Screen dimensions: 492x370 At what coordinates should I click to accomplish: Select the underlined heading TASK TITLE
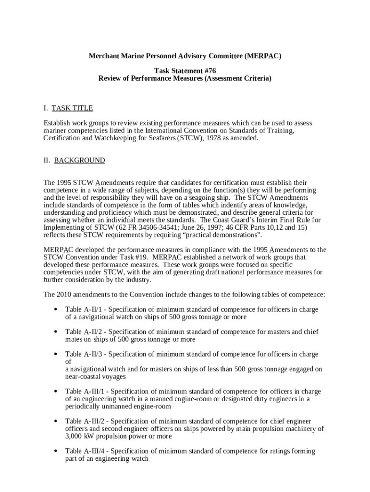pyautogui.click(x=72, y=108)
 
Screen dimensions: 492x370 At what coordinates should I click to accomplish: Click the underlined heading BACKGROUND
pyautogui.click(x=79, y=160)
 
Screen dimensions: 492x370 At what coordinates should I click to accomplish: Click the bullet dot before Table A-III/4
pyautogui.click(x=56, y=452)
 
